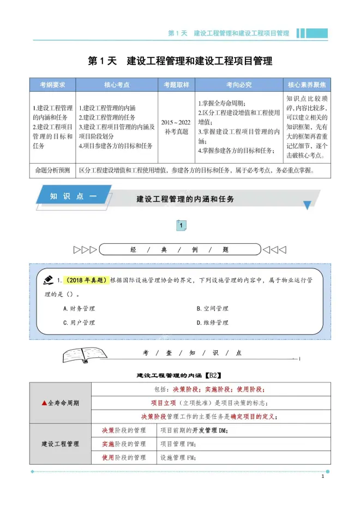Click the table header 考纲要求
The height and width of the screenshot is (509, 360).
pos(53,85)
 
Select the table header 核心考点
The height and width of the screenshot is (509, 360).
pos(117,85)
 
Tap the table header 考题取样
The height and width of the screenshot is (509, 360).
pos(176,85)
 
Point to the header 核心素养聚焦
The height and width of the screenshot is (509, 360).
pos(308,85)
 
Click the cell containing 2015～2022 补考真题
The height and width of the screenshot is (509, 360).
pos(176,127)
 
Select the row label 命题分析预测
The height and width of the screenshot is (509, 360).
pos(53,170)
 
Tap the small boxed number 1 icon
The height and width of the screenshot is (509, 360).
pos(181,225)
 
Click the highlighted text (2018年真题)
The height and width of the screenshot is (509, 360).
pos(86,280)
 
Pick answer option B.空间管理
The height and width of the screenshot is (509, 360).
pos(212,308)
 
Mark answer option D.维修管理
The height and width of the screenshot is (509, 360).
pos(212,322)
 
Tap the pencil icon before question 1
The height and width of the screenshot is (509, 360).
pos(48,279)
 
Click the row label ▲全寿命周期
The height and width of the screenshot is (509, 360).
pos(61,403)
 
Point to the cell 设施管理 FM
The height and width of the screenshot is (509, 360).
pos(178,458)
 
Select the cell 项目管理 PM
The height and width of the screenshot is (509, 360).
pos(178,444)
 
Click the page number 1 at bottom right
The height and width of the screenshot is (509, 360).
pos(323,477)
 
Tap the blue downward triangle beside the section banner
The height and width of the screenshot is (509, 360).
pos(308,205)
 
